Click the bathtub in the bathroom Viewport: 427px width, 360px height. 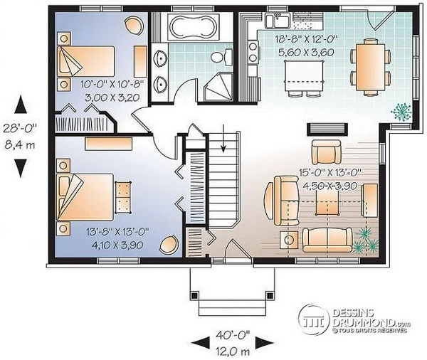[x=194, y=27]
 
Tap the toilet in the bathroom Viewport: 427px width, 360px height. [x=221, y=57]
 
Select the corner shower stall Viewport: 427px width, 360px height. [x=218, y=86]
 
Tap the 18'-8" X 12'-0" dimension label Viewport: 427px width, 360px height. [x=306, y=39]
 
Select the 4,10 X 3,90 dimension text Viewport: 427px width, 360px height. [x=117, y=245]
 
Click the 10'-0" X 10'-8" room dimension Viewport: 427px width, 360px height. [x=112, y=85]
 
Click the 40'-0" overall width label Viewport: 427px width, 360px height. [x=233, y=334]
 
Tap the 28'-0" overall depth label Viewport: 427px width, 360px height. [x=20, y=127]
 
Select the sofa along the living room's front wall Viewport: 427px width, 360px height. [x=327, y=240]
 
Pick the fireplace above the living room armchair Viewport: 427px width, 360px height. [x=327, y=129]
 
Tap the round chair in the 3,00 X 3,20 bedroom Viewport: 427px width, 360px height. [x=134, y=25]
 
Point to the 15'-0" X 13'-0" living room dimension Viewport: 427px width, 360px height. [x=330, y=172]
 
